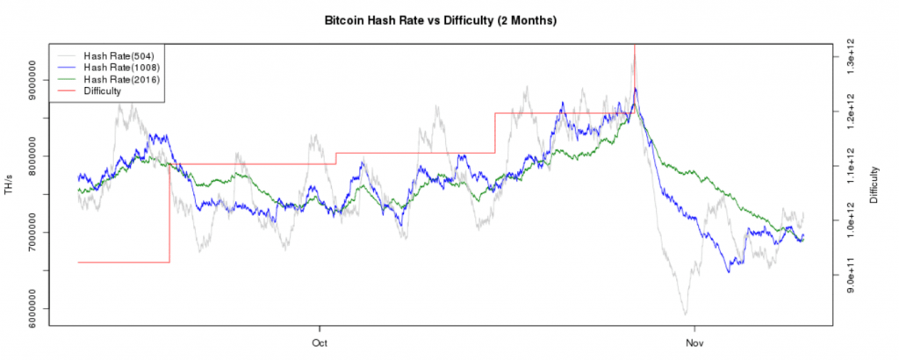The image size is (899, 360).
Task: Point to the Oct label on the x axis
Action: [x=320, y=342]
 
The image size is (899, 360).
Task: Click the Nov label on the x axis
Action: [x=694, y=342]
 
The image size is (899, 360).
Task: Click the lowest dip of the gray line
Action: [x=685, y=313]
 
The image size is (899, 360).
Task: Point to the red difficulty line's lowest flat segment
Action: [x=123, y=262]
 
